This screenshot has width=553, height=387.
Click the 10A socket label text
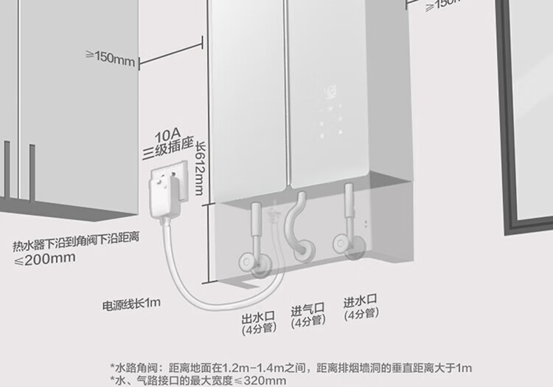coord(167,137)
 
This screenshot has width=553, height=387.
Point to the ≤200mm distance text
coord(45,258)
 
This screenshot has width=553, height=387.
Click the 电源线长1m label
coord(132,303)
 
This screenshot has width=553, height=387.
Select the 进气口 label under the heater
coord(307,310)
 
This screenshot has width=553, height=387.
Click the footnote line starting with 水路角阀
coord(291,367)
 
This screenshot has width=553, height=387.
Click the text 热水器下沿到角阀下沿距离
coord(77,242)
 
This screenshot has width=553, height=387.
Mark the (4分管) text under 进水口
coord(361,313)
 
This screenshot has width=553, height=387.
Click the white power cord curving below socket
coord(188,277)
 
